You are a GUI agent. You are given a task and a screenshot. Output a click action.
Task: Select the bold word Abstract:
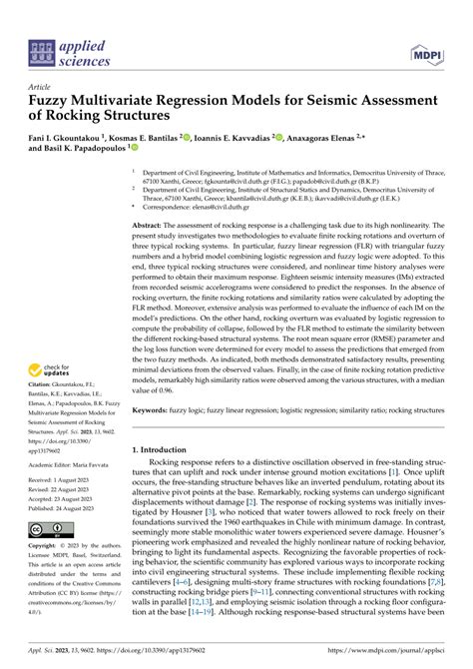point(153,227)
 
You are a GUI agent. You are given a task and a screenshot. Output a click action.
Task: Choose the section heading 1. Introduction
point(171,450)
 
